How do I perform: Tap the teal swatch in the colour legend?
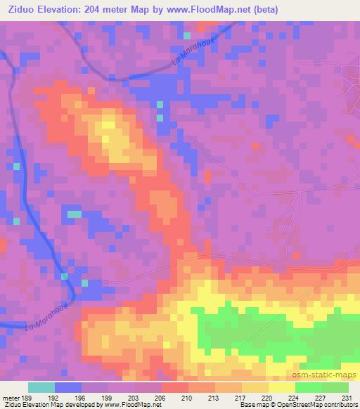coord(41,387)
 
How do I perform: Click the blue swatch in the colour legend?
coord(68,387)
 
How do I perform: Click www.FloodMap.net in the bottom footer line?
coord(130,405)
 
